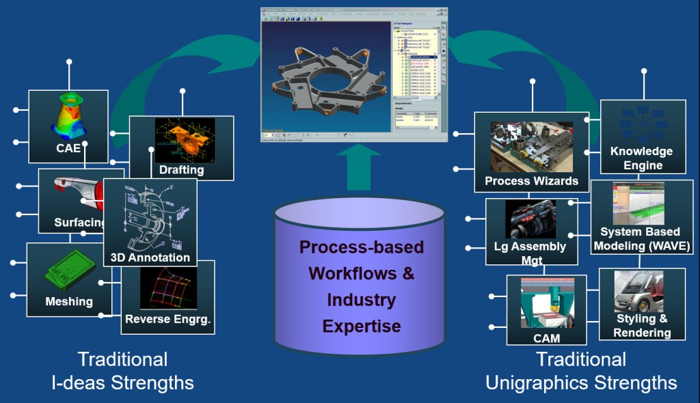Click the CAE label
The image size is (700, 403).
[68, 148]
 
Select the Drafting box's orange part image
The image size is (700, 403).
[183, 139]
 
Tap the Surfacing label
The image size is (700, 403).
[79, 223]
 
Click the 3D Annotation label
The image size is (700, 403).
[150, 258]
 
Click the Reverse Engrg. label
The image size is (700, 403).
[167, 318]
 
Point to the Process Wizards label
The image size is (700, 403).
[531, 181]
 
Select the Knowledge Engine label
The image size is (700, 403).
[642, 158]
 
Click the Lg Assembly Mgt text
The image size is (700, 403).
[530, 253]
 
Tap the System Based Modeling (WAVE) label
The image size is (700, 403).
[641, 239]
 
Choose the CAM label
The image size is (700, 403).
[546, 337]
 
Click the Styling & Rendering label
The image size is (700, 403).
[641, 326]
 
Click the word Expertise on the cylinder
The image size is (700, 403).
[362, 326]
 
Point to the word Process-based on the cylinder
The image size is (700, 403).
[362, 247]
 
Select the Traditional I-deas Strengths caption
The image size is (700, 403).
[122, 371]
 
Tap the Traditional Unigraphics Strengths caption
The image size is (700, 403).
[581, 371]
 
